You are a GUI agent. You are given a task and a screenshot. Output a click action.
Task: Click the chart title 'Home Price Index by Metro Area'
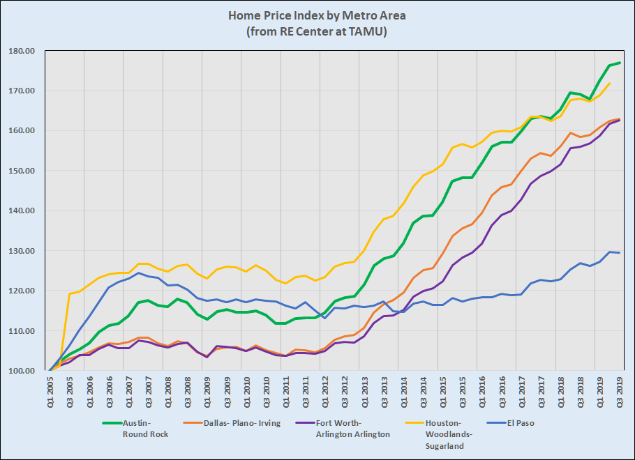tap(317, 15)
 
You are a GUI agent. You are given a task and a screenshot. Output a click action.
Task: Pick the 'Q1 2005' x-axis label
tap(50, 394)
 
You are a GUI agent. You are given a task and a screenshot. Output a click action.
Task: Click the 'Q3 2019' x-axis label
tap(620, 394)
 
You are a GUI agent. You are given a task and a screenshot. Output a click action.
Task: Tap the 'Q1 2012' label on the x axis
tap(324, 394)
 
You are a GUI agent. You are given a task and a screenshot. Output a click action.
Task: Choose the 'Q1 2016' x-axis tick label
tap(481, 394)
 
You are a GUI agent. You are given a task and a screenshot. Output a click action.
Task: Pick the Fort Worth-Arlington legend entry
tap(343, 428)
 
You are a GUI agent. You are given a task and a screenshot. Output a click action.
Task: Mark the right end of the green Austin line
tap(620, 63)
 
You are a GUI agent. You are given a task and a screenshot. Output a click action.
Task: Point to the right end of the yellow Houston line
tap(610, 84)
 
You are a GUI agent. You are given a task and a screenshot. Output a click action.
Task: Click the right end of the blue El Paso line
tap(620, 252)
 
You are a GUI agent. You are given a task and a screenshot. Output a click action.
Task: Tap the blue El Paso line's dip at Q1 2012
tap(324, 318)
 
